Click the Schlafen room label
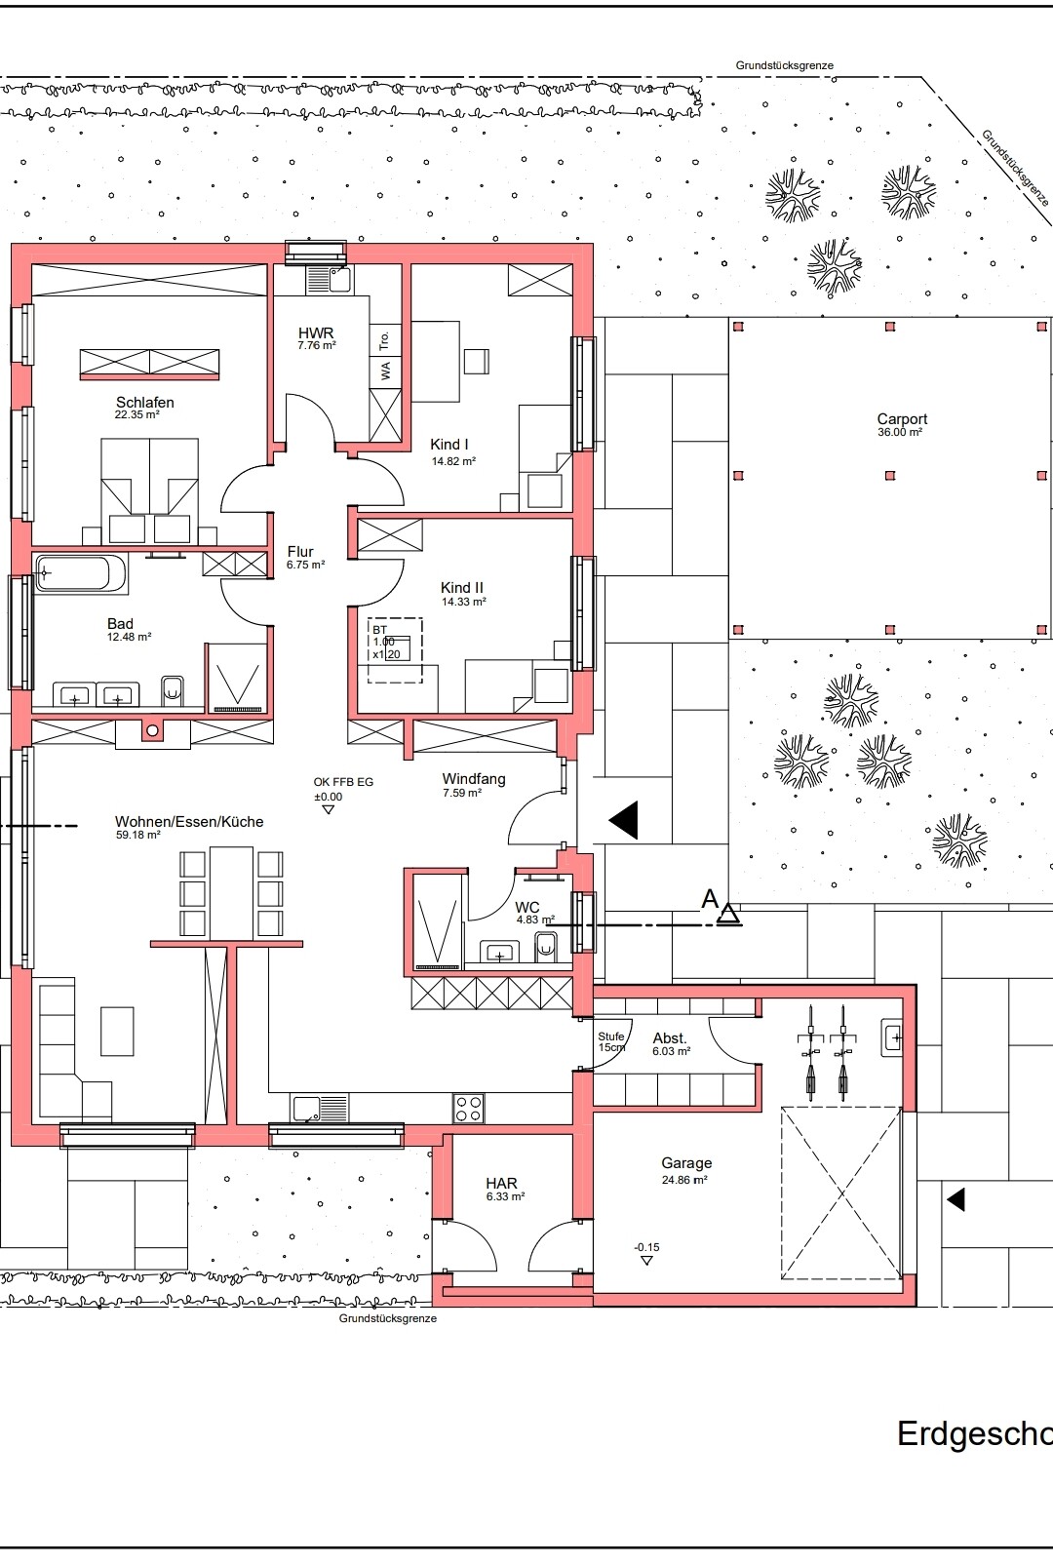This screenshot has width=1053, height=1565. tap(144, 402)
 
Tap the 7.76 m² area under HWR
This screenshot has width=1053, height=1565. tap(316, 346)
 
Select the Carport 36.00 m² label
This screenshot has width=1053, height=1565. tap(901, 425)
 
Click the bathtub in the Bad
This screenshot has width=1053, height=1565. tap(81, 573)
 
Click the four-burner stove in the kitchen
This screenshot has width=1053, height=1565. tap(468, 1108)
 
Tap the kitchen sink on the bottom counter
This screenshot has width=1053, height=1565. tap(320, 1108)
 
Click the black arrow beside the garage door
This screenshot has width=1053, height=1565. tap(955, 1198)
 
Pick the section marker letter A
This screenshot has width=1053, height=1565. tap(710, 899)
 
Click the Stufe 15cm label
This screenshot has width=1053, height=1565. tap(611, 1041)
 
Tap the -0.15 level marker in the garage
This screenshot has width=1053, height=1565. tap(646, 1247)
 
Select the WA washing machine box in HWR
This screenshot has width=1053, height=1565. tap(385, 371)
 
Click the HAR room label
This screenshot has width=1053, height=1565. tap(501, 1184)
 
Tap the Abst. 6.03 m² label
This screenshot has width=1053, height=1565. tap(670, 1043)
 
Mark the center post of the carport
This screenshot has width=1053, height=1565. tap(890, 476)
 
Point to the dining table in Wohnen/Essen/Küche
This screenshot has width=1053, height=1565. tap(231, 893)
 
